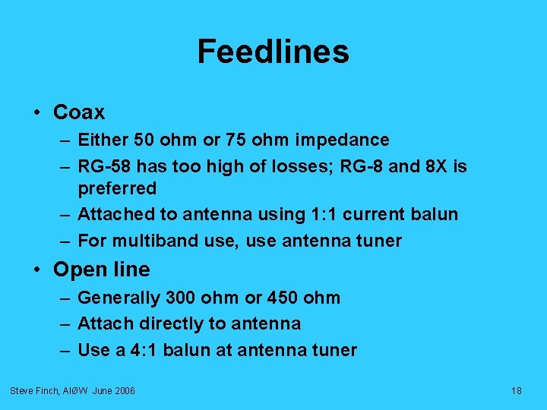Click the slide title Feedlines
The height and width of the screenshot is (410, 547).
pyautogui.click(x=273, y=52)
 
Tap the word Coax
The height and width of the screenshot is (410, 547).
pyautogui.click(x=79, y=112)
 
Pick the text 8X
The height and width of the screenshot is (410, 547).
pyautogui.click(x=434, y=166)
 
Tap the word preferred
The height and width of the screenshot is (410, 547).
pyautogui.click(x=117, y=188)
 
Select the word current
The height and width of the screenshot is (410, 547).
pyautogui.click(x=372, y=214)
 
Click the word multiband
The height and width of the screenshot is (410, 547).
pyautogui.click(x=150, y=241)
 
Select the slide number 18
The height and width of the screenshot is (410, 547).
pyautogui.click(x=517, y=390)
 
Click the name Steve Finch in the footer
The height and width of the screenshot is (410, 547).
pyautogui.click(x=33, y=390)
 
